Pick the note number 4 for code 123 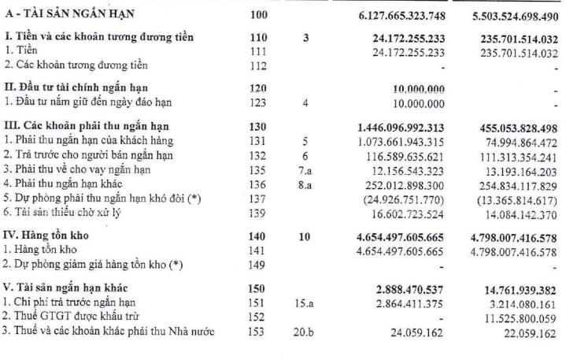(x=305, y=101)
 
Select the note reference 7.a (x=305, y=168)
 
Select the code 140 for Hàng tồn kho (x=257, y=236)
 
